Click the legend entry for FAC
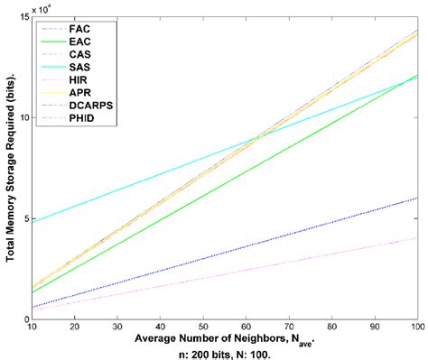(x=80, y=30)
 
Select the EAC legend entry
(x=80, y=42)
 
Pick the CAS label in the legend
(x=80, y=55)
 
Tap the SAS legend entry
(x=80, y=68)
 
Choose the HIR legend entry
(x=80, y=80)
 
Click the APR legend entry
(x=80, y=93)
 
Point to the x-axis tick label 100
(x=415, y=328)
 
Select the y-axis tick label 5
(x=25, y=219)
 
